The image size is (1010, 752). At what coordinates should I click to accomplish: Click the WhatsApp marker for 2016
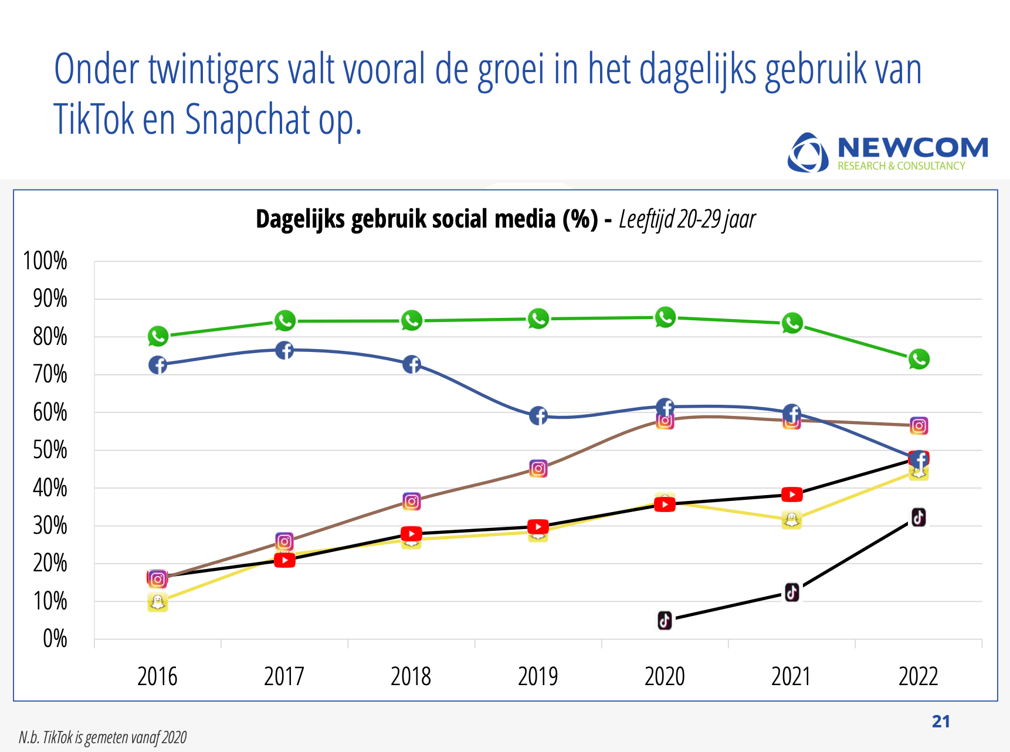click(158, 336)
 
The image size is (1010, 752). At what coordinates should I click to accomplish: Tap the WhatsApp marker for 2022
click(919, 359)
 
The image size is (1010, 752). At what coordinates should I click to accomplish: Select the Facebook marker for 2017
click(284, 350)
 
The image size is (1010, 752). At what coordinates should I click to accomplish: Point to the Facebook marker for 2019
click(538, 416)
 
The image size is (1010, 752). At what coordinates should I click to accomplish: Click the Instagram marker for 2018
click(412, 502)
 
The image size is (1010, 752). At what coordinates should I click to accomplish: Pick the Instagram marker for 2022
click(919, 426)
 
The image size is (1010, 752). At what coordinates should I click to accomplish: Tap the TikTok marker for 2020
click(665, 620)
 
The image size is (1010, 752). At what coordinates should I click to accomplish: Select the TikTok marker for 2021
click(792, 592)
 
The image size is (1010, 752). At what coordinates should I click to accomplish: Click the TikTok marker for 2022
click(919, 517)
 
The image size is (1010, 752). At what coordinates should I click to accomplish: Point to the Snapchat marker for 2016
click(157, 602)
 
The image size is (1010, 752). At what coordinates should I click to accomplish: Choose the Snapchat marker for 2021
click(792, 520)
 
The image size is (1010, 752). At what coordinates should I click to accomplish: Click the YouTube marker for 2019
click(538, 527)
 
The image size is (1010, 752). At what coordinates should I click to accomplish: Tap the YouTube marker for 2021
click(792, 494)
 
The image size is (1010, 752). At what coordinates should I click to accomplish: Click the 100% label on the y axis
click(45, 261)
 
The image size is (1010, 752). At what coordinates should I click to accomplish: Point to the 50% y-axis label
click(50, 450)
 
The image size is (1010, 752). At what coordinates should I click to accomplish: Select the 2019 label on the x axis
click(538, 676)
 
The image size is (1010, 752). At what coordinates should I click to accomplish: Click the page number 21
click(941, 721)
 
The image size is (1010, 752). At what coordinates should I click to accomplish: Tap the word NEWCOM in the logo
click(913, 147)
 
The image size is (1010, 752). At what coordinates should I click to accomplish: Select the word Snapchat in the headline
click(248, 119)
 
